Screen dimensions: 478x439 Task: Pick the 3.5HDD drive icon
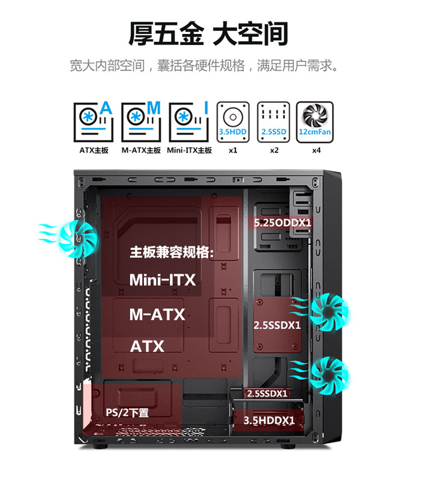coord(232,121)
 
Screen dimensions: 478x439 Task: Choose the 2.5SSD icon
coord(273,121)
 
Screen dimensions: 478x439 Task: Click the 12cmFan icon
coord(315,121)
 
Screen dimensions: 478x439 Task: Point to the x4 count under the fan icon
coord(316,151)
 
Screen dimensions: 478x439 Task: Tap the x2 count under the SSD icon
coord(274,151)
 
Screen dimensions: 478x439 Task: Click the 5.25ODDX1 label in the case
coord(282,223)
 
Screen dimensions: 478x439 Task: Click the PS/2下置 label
coord(127,413)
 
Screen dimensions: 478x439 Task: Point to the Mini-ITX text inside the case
coord(162,280)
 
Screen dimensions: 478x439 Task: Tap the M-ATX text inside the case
coord(157,315)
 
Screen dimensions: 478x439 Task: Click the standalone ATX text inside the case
coord(147,347)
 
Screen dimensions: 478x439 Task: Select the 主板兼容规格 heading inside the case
coord(172,252)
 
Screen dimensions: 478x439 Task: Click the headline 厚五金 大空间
coord(209,33)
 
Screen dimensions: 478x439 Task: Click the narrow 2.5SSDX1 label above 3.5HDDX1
coord(267,394)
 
